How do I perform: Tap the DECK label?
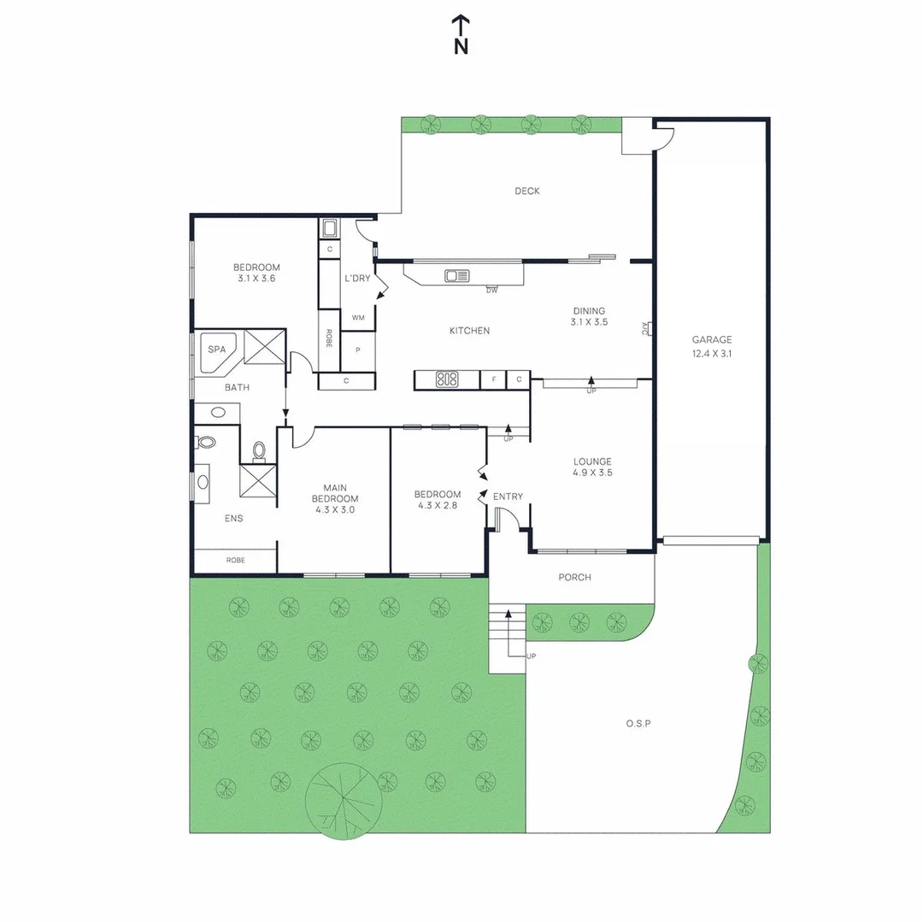pos(526,191)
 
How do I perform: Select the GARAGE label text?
pos(712,340)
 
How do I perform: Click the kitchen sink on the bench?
pos(456,275)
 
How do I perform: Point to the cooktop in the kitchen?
pos(447,379)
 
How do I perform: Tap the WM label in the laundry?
pos(358,318)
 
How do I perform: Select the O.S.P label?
pos(638,723)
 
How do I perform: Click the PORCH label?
pos(574,578)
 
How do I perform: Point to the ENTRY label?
pos(508,497)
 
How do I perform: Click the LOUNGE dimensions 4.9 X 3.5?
pos(592,473)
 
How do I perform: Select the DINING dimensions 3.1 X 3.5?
pos(589,323)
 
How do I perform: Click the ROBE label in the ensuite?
pos(235,561)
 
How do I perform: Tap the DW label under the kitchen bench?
pos(491,291)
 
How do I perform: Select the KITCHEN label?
pos(469,331)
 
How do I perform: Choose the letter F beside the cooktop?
pos(493,379)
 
